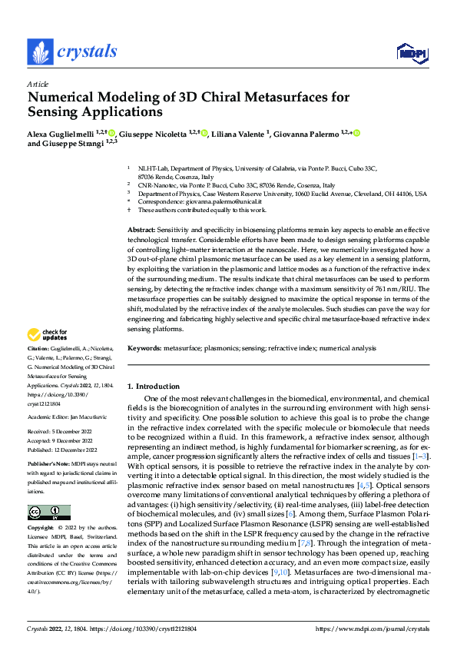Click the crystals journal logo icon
click(x=39, y=51)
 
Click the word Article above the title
click(x=38, y=83)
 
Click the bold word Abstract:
click(x=142, y=231)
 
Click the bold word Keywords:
click(x=144, y=348)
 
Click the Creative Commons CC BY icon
click(x=49, y=513)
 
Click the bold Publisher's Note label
click(x=48, y=466)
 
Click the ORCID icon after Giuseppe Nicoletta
click(x=204, y=133)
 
